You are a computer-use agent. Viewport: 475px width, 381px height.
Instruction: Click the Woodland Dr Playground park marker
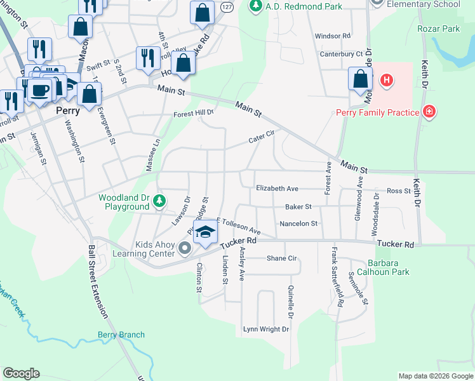pos(159,202)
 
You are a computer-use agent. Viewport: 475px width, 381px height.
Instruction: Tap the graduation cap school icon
pos(205,233)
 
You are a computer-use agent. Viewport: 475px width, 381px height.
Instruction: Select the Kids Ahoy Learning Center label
pos(154,249)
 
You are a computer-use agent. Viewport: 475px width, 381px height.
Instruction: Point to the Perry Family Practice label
pos(377,113)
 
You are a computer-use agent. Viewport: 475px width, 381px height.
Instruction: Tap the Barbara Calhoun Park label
pos(388,267)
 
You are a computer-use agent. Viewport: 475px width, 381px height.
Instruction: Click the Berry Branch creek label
pos(121,335)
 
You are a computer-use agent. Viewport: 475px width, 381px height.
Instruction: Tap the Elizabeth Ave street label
pos(277,189)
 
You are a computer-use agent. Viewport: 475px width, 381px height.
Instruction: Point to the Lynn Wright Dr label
pos(266,329)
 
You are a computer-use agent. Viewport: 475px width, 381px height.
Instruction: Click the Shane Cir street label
pos(282,258)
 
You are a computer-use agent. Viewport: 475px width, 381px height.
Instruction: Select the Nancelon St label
pos(298,224)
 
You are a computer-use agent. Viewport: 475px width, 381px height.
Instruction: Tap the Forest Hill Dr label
pos(194,114)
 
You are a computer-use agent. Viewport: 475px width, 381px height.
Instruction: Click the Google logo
pos(22,373)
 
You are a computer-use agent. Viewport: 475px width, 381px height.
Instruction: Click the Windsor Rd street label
pos(332,37)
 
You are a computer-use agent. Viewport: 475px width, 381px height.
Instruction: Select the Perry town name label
pos(67,110)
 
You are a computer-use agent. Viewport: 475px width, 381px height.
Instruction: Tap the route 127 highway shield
pos(227,6)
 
